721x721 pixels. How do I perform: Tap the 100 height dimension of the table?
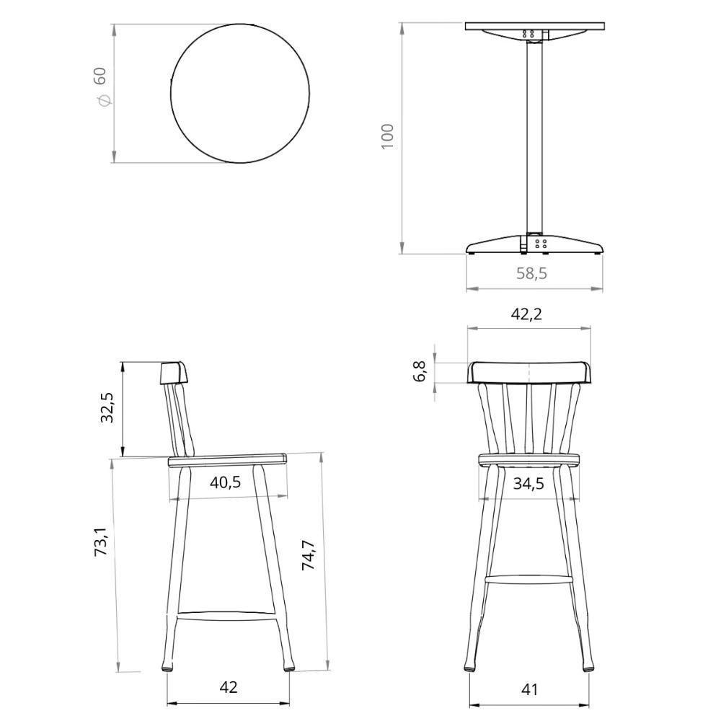click(388, 136)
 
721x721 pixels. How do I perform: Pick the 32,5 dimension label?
click(107, 409)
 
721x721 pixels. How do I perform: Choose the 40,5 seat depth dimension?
click(226, 482)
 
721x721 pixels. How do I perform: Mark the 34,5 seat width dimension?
click(528, 483)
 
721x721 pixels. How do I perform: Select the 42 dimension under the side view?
click(228, 687)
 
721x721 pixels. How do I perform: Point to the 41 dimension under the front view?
click(530, 689)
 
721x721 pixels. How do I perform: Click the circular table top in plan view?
click(240, 93)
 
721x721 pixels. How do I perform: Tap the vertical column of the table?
click(534, 137)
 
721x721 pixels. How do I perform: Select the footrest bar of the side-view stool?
click(226, 615)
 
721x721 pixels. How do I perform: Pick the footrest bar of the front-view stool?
click(528, 578)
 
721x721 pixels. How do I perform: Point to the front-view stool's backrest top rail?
click(530, 372)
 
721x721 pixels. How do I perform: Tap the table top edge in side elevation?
click(534, 26)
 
